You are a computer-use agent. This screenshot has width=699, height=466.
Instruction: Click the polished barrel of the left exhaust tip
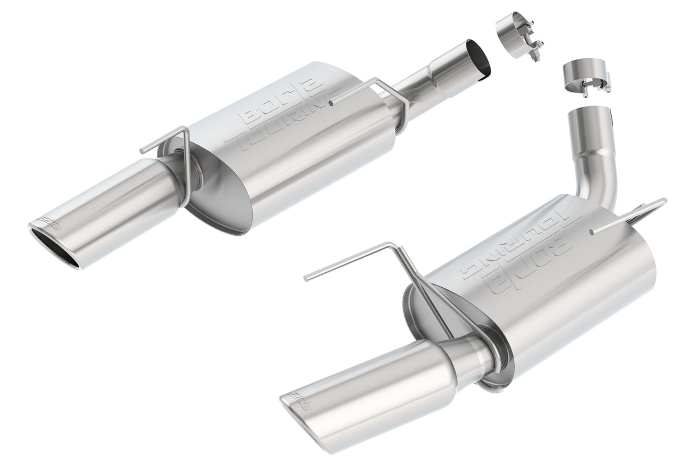pos(115,208)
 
